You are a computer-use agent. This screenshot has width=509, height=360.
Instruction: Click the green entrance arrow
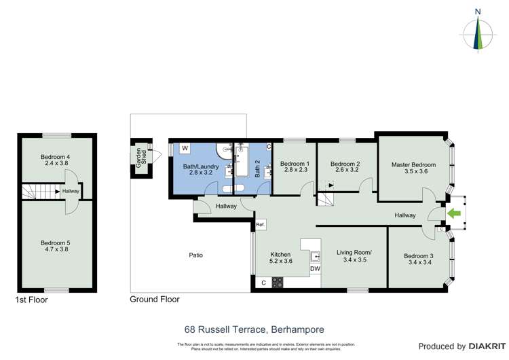coord(453,213)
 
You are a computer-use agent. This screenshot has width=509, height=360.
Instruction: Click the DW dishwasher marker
coord(314,269)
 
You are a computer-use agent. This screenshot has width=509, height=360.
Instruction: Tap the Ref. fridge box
coord(260,225)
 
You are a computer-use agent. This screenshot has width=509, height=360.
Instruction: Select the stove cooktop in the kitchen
coord(277,282)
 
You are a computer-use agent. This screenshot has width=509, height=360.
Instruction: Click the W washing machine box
coord(185,148)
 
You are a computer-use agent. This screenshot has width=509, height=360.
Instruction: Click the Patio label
coord(195,255)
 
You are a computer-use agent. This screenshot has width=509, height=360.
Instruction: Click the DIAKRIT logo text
coord(484,346)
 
